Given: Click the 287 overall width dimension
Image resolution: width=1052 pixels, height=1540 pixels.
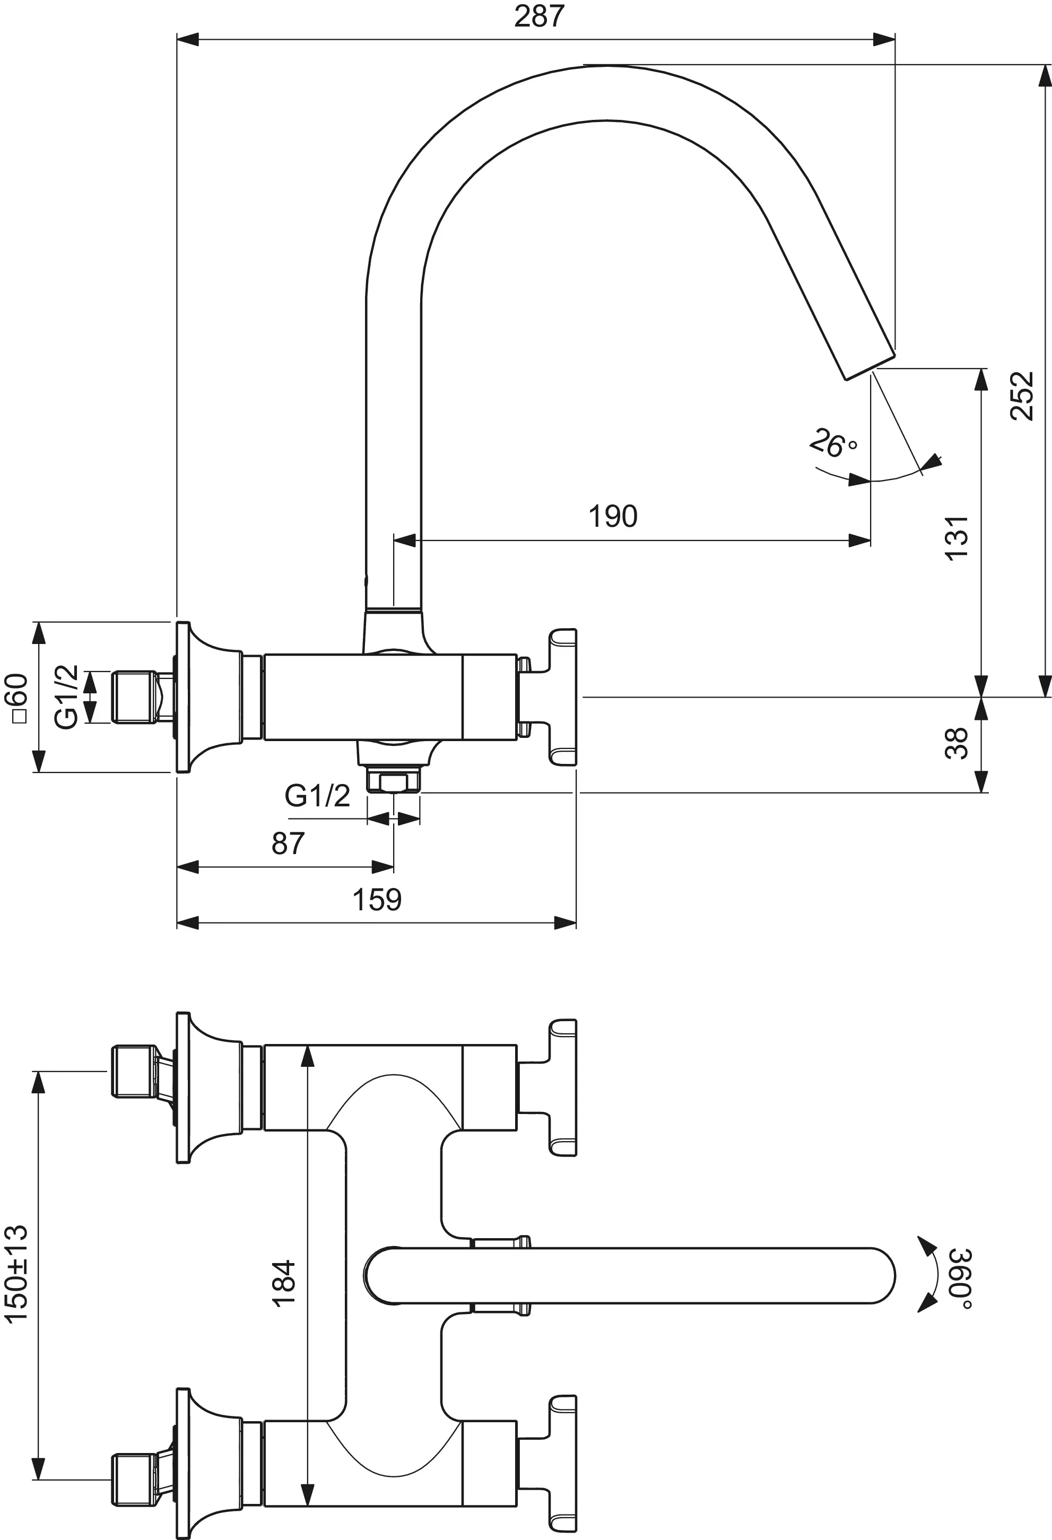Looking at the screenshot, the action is pos(539,16).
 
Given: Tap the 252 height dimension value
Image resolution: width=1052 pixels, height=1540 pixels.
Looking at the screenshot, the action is pos(1022,396).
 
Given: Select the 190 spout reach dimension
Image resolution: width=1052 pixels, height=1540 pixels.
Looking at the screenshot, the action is pos(613,516).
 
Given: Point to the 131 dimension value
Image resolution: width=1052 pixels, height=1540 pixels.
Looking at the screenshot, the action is pos(957,538).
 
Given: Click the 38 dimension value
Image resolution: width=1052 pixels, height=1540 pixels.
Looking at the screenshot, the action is pos(957,743).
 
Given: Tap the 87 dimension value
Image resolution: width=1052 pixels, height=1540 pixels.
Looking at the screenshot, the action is pos(288,843).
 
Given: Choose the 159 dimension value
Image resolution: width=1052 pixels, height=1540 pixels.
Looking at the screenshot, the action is pos(377,900).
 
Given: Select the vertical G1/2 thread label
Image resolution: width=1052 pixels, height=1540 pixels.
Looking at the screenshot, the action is pos(66,697).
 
